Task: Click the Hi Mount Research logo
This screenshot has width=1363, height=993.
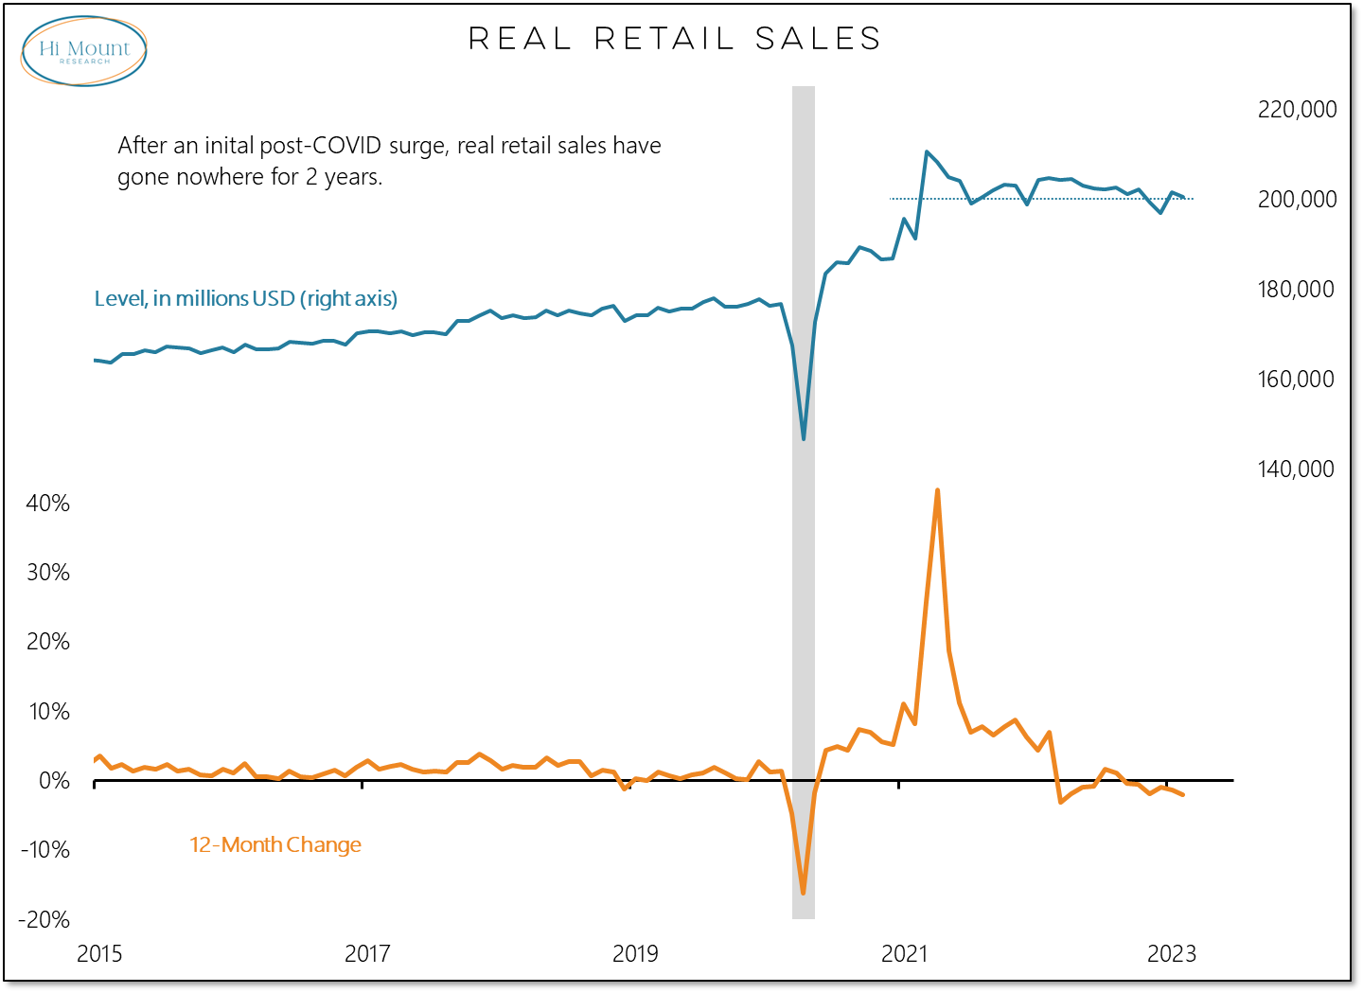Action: [x=84, y=51]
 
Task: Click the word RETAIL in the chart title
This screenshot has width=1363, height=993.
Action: [x=664, y=39]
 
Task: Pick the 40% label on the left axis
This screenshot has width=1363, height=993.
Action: [x=48, y=504]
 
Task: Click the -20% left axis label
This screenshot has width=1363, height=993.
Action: [x=44, y=920]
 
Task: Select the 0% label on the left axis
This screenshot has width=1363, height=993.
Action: [x=54, y=781]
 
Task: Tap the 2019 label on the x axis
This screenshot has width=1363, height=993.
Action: [x=635, y=953]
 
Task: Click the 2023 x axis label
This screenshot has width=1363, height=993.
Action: [x=1172, y=953]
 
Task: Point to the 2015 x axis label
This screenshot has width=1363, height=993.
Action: [x=99, y=953]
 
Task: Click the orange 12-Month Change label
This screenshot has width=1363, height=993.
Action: [x=275, y=845]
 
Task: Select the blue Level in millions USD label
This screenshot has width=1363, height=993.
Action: [x=246, y=299]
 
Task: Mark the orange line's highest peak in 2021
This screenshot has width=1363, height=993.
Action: [x=937, y=490]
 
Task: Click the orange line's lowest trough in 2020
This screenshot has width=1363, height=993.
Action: [x=803, y=893]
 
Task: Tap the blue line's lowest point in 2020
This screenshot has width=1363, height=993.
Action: [x=804, y=439]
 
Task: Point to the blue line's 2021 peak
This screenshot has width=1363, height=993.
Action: [x=926, y=151]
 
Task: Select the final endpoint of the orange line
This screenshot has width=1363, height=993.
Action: [x=1183, y=795]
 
